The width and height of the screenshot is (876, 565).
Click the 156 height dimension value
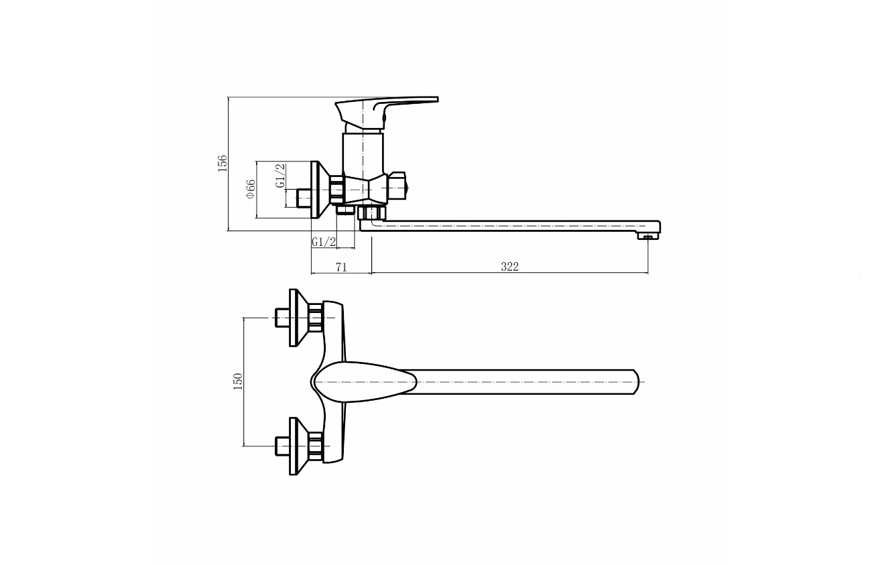(222, 164)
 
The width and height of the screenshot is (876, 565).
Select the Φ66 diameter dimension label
(251, 189)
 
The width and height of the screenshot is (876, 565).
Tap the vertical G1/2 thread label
(280, 176)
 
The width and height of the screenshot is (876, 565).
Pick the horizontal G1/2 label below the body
(324, 242)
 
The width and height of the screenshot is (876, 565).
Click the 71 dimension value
(341, 267)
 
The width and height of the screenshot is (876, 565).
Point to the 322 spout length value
(509, 267)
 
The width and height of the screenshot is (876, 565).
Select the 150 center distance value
(238, 381)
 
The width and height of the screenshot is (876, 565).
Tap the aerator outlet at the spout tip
(648, 236)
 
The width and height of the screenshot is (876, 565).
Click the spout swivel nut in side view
(371, 213)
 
